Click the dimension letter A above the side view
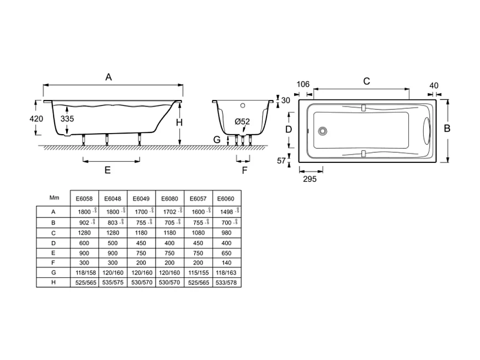click(109, 78)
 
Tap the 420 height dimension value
click(36, 119)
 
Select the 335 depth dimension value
click(67, 119)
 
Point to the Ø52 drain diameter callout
click(242, 121)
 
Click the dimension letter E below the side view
click(108, 170)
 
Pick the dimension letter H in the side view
click(179, 123)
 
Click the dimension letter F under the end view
click(244, 170)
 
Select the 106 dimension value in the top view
click(303, 84)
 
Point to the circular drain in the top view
click(322, 131)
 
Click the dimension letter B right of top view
click(447, 128)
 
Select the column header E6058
click(83, 198)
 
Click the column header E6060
click(226, 198)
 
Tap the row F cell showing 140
click(226, 262)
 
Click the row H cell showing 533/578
click(226, 282)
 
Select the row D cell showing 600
click(83, 243)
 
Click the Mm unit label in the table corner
click(54, 197)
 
